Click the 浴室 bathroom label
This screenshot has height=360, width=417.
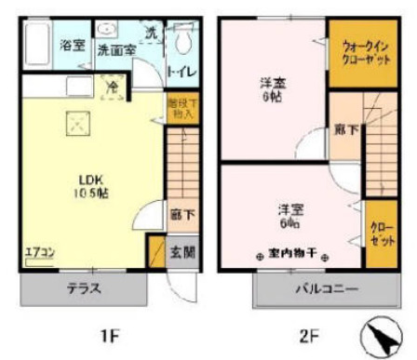tap(72, 46)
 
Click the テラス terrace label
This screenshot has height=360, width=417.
tap(83, 289)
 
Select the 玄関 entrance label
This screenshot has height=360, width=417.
tap(183, 251)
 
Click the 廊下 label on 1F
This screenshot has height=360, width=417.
tap(182, 215)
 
